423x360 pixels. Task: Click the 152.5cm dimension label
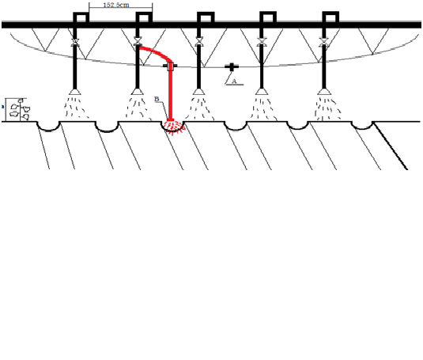(x=116, y=5)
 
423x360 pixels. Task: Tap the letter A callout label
(x=234, y=81)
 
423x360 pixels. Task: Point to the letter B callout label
(x=157, y=99)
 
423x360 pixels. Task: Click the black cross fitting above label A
(x=232, y=67)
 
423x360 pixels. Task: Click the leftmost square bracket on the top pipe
(x=81, y=17)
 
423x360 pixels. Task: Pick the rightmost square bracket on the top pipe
(x=330, y=17)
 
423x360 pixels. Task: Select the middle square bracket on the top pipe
(x=206, y=17)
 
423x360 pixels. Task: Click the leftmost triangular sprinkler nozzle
(x=75, y=92)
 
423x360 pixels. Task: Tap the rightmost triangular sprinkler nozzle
(x=324, y=92)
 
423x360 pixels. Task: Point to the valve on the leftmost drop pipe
(x=75, y=42)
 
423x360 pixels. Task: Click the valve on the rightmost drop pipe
(x=324, y=42)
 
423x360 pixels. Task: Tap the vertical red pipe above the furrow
(x=171, y=93)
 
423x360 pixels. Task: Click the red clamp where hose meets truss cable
(x=170, y=66)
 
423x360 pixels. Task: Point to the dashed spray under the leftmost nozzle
(x=76, y=107)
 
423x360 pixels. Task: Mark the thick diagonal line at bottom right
(x=391, y=146)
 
